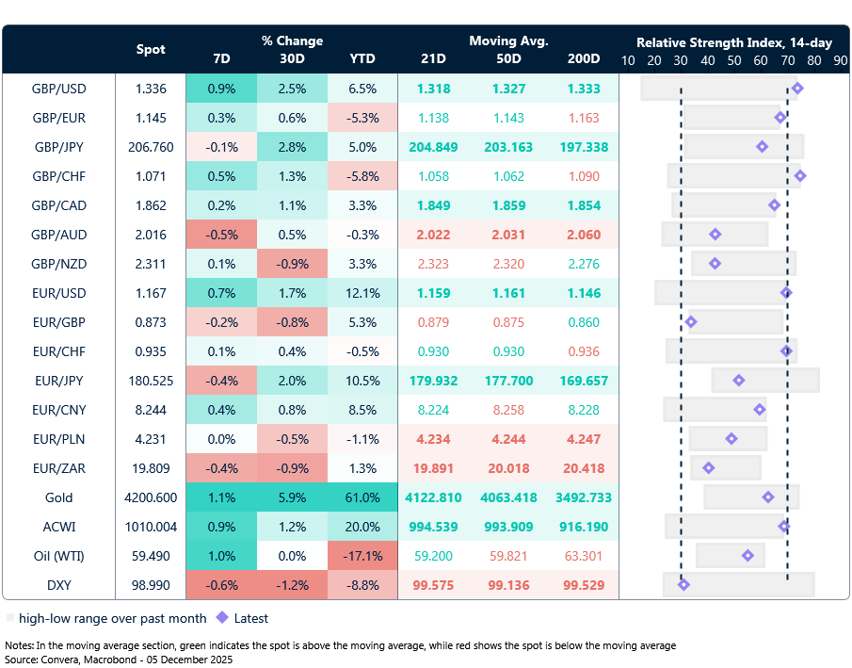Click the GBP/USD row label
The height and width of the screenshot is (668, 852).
click(58, 89)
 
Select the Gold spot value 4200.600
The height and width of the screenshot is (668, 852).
click(151, 497)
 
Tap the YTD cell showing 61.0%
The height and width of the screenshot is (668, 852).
click(362, 497)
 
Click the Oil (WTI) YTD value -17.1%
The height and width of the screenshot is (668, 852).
click(362, 556)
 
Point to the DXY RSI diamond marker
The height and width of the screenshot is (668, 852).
click(683, 585)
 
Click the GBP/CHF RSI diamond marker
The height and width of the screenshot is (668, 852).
click(800, 176)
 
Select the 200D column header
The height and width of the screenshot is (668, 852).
click(583, 58)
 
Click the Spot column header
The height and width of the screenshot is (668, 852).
click(151, 49)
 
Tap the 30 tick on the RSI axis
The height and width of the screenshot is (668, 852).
click(681, 58)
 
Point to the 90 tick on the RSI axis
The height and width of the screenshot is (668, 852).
click(840, 58)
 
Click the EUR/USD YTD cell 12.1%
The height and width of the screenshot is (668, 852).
click(362, 293)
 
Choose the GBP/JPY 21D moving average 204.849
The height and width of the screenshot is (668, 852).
click(433, 147)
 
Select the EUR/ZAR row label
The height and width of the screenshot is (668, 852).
click(58, 468)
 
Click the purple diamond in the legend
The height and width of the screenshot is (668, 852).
click(222, 618)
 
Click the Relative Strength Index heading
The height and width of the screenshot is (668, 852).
click(733, 42)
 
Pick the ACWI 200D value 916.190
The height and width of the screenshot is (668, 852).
click(583, 527)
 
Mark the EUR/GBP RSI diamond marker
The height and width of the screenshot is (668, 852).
click(691, 322)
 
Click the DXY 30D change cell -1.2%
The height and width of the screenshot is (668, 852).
click(292, 585)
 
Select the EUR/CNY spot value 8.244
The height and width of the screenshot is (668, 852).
click(151, 410)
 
